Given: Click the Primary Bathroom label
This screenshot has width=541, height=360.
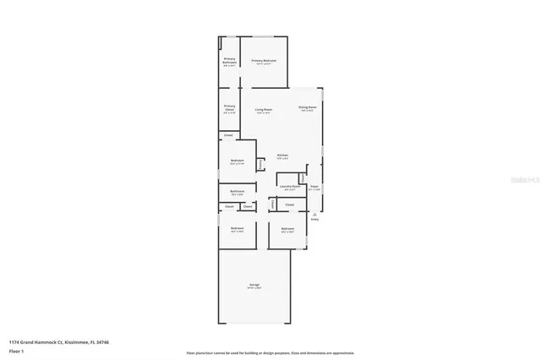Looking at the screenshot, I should (229, 61).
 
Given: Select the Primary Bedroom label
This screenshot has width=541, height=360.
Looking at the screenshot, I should (264, 61).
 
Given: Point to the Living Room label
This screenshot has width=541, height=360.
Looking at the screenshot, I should (263, 110).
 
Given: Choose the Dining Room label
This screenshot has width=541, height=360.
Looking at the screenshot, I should (308, 107).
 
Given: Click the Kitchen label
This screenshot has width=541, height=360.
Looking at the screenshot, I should (282, 155).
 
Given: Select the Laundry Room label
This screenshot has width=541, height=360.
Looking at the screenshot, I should (291, 187).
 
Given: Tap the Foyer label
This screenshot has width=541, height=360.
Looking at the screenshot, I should (314, 186).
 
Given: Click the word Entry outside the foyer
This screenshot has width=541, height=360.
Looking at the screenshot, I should (314, 221).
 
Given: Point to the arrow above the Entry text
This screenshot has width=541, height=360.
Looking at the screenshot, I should (314, 215).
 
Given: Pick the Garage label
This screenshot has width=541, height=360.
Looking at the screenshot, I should (254, 286).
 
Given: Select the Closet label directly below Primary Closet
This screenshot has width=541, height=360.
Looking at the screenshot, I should (228, 136).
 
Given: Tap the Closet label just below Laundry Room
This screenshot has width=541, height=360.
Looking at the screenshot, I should (289, 205).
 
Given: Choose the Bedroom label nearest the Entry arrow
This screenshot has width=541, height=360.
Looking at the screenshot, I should (287, 229).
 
